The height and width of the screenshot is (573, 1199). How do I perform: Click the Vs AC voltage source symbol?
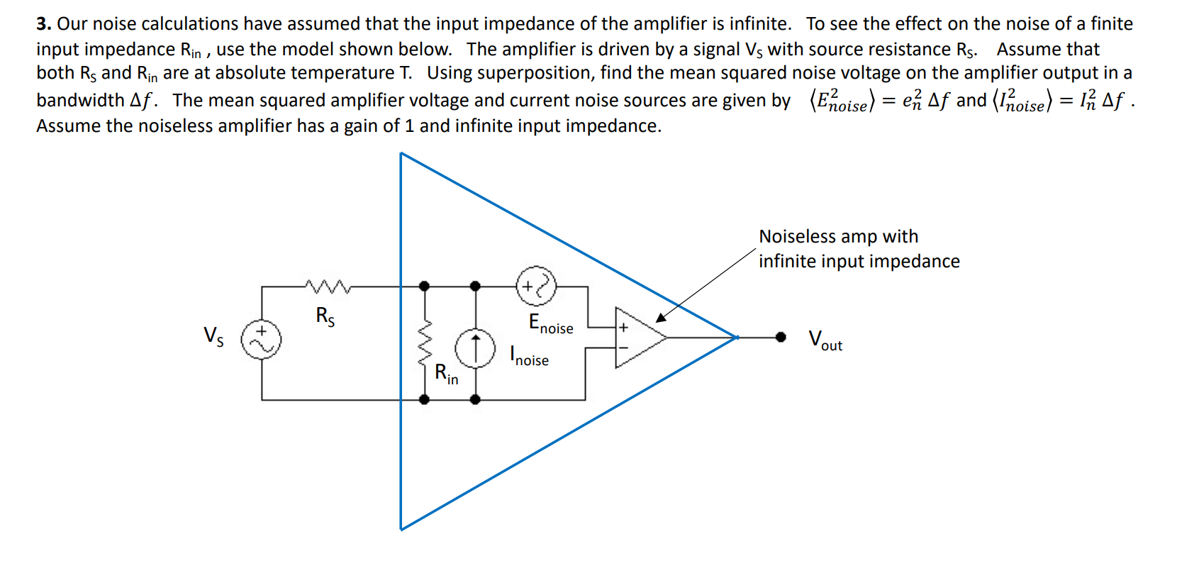(x=261, y=339)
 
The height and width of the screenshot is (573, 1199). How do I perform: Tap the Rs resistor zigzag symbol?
(x=328, y=286)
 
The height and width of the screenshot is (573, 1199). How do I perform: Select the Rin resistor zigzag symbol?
(x=425, y=344)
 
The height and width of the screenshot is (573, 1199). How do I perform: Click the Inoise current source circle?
(x=475, y=348)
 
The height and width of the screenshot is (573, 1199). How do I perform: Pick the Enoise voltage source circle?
(x=536, y=286)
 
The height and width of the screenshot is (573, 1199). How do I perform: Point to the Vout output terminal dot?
(x=781, y=337)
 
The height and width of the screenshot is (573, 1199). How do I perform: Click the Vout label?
(x=825, y=340)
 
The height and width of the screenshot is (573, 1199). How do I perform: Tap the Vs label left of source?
(x=213, y=336)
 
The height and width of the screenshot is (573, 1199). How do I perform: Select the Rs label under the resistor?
(x=325, y=316)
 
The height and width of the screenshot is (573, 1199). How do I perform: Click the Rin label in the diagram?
(x=446, y=374)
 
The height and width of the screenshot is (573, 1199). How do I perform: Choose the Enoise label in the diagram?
(x=551, y=323)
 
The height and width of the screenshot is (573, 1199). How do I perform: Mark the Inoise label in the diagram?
(x=530, y=355)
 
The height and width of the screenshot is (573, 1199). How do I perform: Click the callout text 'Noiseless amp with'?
(x=838, y=236)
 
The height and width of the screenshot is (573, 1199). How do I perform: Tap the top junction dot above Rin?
(x=424, y=286)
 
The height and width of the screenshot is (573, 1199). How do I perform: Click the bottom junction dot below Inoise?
(x=475, y=399)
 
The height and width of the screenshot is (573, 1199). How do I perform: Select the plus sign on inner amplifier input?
(x=623, y=328)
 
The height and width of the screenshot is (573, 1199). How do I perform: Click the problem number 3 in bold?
(x=43, y=24)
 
